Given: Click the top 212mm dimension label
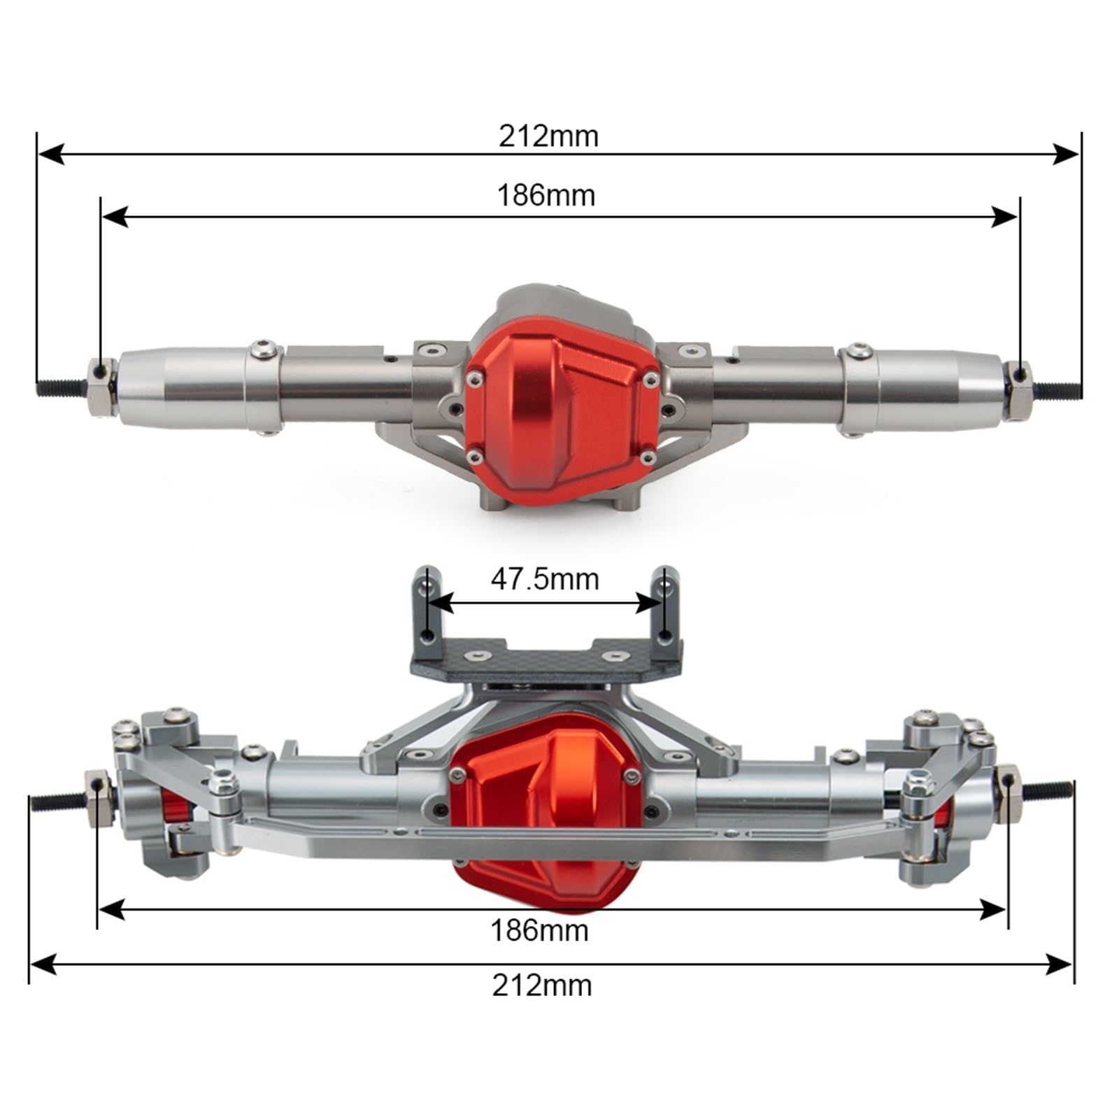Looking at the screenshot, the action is click(548, 136).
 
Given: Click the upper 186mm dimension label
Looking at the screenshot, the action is click(546, 195).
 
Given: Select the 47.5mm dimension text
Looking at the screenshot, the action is click(545, 579).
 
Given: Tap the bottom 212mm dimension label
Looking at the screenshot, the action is click(542, 985).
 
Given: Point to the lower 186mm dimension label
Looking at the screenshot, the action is click(539, 931).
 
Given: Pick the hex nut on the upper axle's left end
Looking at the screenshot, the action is click(101, 387).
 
